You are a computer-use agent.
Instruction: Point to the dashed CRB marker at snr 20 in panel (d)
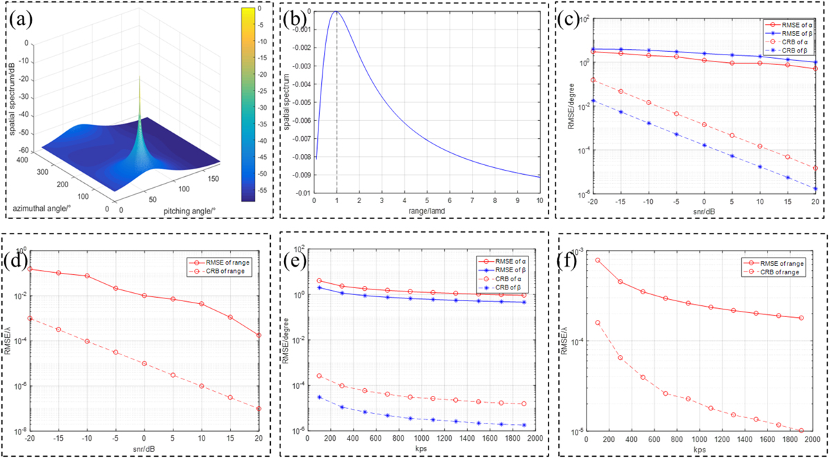tap(258, 409)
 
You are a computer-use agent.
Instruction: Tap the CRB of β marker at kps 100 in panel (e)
tap(320, 397)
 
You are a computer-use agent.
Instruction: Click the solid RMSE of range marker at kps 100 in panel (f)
tap(597, 260)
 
